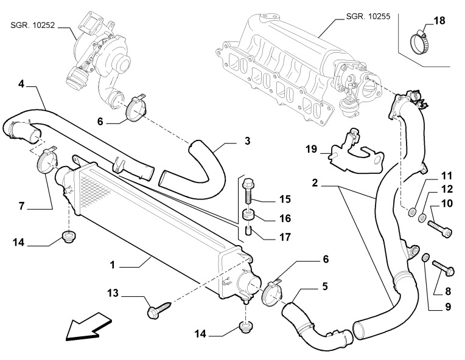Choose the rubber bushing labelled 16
pyautogui.click(x=248, y=215)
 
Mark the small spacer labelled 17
pyautogui.click(x=248, y=230)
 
